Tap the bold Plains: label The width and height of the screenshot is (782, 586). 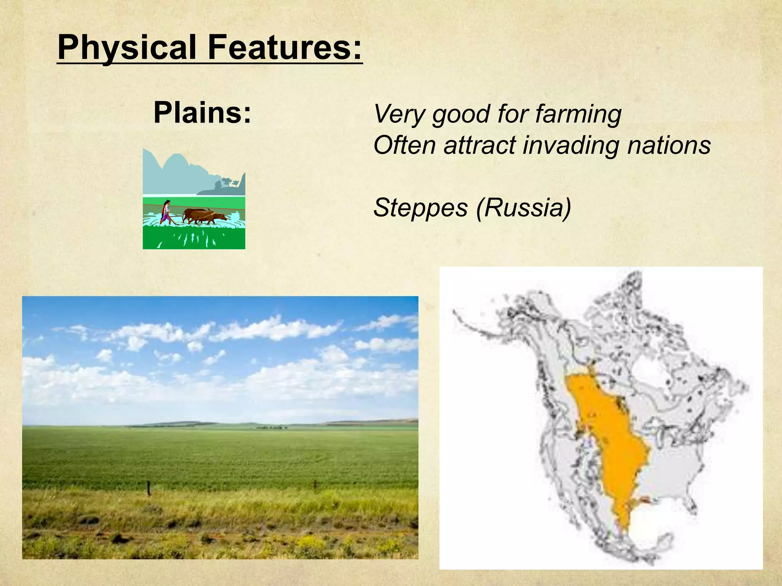[202, 113]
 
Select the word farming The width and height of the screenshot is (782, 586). [578, 114]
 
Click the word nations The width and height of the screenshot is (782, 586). [669, 145]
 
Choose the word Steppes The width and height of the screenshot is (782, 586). [420, 208]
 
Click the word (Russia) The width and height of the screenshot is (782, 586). [523, 208]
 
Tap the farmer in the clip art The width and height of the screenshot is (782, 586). [166, 211]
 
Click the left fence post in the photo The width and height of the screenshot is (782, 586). [149, 488]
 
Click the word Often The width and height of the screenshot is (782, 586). [405, 145]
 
